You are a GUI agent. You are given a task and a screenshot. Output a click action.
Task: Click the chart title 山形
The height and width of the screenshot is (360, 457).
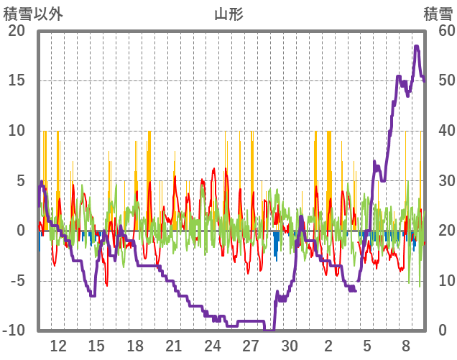(x=228, y=14)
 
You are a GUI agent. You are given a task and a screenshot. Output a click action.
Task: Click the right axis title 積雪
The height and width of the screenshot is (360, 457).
(x=438, y=14)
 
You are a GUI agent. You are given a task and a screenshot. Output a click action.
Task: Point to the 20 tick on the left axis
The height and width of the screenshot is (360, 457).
(x=16, y=31)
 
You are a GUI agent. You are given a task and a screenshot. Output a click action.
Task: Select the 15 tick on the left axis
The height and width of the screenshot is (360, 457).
(x=16, y=80)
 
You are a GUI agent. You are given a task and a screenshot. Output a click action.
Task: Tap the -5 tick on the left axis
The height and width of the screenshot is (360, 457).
(x=16, y=280)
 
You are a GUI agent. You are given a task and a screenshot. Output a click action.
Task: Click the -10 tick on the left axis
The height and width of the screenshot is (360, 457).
(x=14, y=331)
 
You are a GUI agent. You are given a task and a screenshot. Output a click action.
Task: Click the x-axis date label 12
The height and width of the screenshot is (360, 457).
(x=58, y=345)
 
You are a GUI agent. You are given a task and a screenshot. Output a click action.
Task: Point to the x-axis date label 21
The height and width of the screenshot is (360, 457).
(x=174, y=345)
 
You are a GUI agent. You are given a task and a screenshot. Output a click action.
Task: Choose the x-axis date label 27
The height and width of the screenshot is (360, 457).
(x=251, y=345)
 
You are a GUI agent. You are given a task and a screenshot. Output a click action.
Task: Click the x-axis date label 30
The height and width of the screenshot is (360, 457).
(x=290, y=345)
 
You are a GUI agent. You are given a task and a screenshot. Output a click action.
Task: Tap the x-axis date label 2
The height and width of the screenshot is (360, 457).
(x=328, y=345)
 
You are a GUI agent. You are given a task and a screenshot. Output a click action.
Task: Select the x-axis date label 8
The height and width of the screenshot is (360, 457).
(x=406, y=345)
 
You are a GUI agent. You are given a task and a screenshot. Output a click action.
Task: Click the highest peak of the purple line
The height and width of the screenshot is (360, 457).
(x=417, y=47)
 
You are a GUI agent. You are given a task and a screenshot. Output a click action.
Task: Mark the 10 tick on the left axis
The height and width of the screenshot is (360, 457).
(x=16, y=131)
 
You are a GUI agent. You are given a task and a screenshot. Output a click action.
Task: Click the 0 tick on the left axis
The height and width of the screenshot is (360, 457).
(x=21, y=231)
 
